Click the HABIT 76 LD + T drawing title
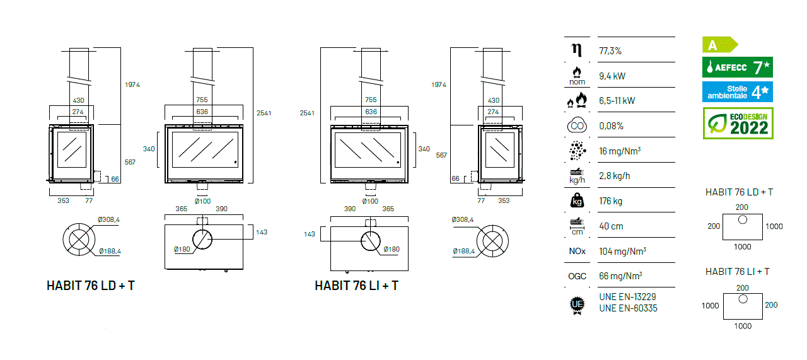tap(90, 286)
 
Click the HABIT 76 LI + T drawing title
tap(356, 286)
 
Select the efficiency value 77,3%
tap(610, 51)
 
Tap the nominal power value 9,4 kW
tap(612, 76)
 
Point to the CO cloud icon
tap(577, 125)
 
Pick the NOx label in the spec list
tap(577, 251)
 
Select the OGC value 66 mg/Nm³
tap(620, 276)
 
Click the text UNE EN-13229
tap(627, 297)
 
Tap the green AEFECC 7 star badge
tap(738, 67)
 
